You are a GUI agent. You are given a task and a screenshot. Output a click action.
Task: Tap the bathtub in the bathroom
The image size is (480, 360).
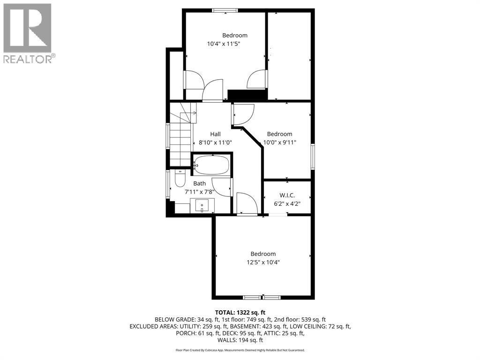point(211,165)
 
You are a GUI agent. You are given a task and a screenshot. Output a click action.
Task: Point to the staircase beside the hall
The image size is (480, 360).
point(181,138)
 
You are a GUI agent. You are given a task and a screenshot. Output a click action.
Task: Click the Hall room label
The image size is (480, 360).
point(215,134)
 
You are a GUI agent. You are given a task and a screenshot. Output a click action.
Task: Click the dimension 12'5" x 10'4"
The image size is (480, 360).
point(262,262)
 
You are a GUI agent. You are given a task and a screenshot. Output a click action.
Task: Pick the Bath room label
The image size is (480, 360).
point(200,183)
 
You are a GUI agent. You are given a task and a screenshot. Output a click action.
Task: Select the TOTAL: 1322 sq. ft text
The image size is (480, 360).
point(240,312)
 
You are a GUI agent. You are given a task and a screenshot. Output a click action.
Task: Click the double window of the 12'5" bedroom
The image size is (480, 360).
point(262,297)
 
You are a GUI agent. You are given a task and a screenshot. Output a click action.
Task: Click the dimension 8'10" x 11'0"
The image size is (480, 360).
point(215,142)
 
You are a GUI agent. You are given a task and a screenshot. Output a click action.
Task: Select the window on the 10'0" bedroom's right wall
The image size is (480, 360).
point(312,157)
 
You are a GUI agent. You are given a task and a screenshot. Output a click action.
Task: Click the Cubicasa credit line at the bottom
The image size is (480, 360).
point(240,350)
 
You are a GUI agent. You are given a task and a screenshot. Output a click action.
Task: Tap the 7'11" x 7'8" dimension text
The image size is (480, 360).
point(200,191)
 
